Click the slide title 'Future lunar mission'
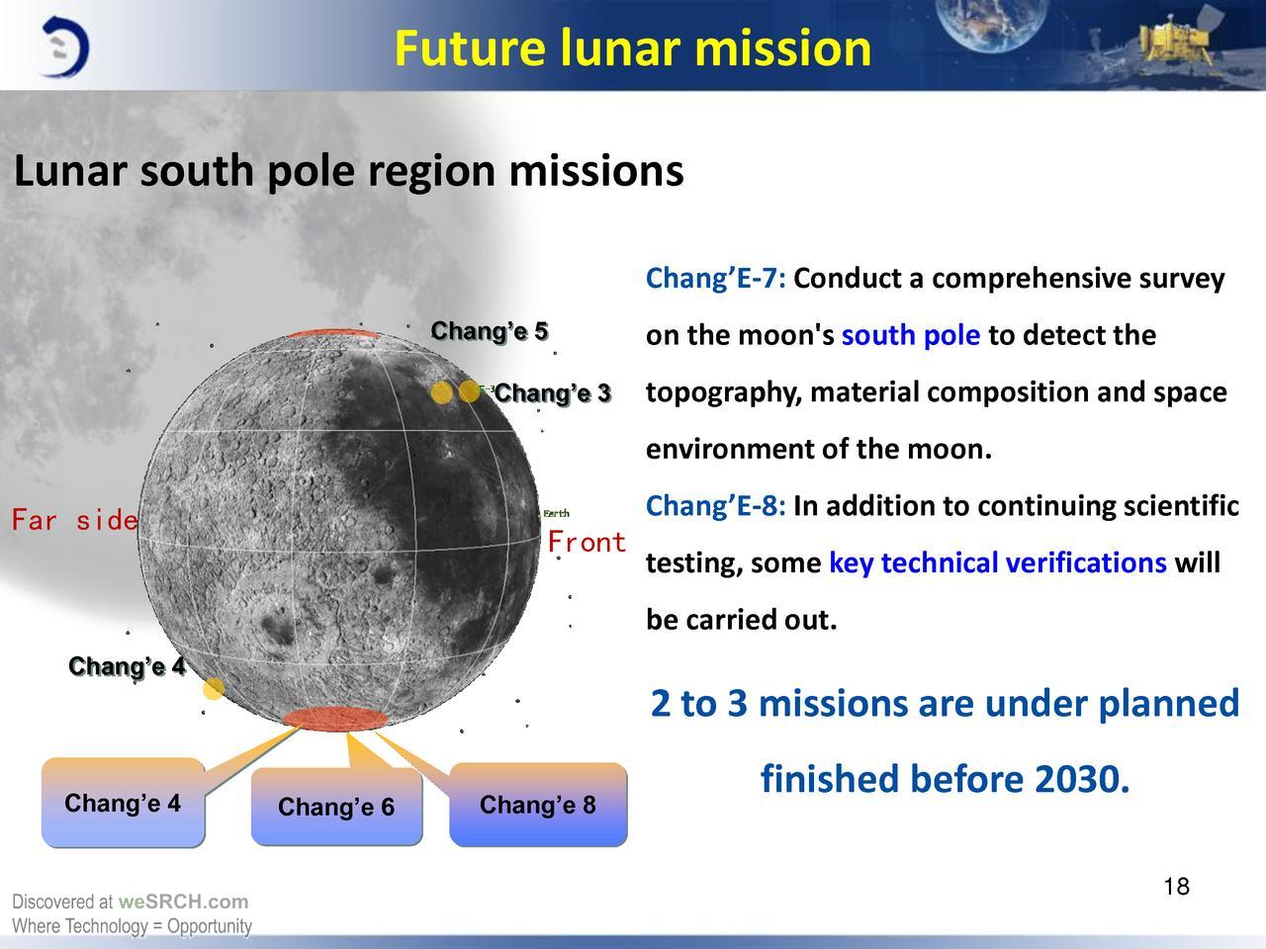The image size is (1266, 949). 633,48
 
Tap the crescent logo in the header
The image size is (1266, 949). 65,47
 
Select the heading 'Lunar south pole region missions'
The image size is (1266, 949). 348,171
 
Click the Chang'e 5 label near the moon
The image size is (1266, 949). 490,331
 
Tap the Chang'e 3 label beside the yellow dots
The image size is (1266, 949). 552,393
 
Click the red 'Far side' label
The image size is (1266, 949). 75,520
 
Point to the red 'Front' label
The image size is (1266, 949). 587,542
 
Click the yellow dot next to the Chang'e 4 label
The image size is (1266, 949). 214,688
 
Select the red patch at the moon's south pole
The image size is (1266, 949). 334,719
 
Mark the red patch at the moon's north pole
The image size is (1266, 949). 333,333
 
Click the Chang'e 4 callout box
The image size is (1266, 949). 123,803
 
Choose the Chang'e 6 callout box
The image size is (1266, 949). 337,807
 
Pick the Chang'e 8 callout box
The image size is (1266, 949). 538,805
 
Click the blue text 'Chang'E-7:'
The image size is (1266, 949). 715,279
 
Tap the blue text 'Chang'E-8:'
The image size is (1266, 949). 715,506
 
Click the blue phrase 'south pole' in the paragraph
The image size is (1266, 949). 911,335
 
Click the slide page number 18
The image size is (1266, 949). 1177,886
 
